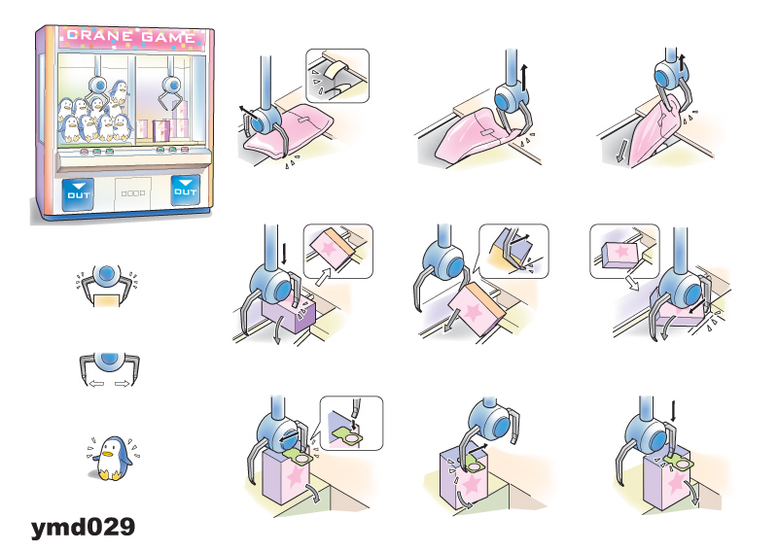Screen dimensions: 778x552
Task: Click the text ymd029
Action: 83,527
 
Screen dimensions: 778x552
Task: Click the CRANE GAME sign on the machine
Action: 131,37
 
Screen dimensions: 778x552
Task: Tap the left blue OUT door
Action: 78,194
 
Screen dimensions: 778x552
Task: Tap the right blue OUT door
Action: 185,190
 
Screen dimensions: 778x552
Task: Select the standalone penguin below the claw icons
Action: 113,459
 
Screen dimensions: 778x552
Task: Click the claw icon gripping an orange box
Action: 107,285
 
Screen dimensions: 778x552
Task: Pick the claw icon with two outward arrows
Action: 109,368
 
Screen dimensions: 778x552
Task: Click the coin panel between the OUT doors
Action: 133,193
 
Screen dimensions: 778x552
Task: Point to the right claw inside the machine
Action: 169,86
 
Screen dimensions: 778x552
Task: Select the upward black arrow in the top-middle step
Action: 524,78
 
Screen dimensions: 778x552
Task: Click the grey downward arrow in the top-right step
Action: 620,151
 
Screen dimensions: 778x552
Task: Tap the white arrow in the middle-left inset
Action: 323,277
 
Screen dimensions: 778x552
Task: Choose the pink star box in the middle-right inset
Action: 620,254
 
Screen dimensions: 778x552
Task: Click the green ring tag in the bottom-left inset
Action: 349,436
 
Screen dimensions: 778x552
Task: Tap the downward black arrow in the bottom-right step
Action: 673,412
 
